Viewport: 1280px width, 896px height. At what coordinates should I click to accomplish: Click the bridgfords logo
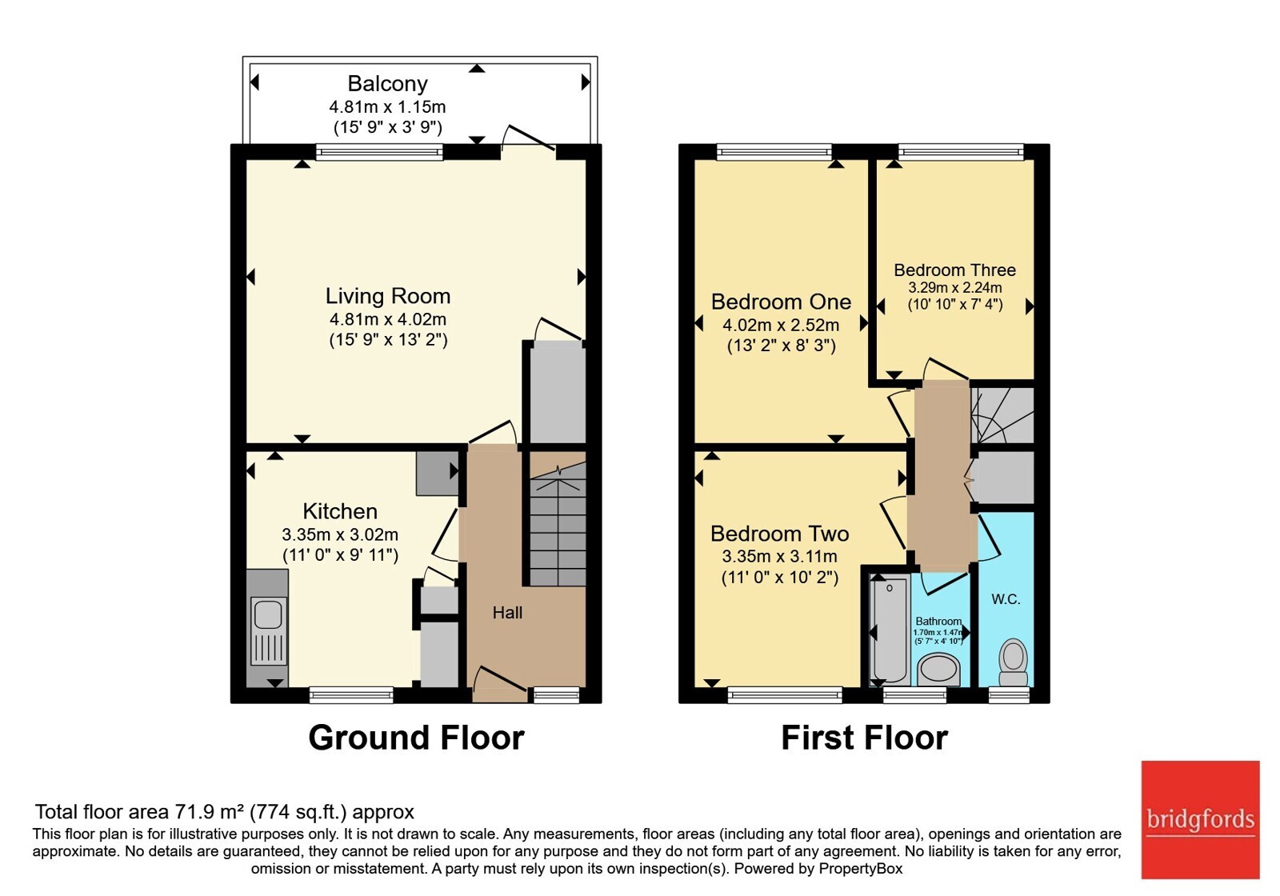[1200, 819]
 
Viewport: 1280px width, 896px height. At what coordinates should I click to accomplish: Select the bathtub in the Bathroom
[889, 631]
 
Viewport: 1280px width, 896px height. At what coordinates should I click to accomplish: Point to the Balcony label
[387, 83]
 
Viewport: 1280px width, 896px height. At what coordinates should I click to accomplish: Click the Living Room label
[388, 296]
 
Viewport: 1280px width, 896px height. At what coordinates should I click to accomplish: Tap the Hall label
[507, 613]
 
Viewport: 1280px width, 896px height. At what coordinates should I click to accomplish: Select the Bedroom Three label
[955, 270]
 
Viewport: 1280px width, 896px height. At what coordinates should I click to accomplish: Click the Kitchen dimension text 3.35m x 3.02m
[340, 534]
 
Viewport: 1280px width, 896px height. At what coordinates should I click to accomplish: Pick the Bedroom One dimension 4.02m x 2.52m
[781, 325]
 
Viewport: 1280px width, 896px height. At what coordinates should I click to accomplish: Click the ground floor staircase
[558, 524]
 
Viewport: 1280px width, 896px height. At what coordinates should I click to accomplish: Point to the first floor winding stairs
[1002, 415]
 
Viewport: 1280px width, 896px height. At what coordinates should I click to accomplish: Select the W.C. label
[1006, 599]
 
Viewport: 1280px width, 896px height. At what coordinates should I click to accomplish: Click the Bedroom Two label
[779, 534]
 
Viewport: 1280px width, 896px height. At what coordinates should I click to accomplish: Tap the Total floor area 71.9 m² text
[224, 811]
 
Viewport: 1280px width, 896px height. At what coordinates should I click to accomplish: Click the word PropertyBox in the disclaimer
[861, 869]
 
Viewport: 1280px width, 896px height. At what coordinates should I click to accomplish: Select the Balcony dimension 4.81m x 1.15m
[387, 107]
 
